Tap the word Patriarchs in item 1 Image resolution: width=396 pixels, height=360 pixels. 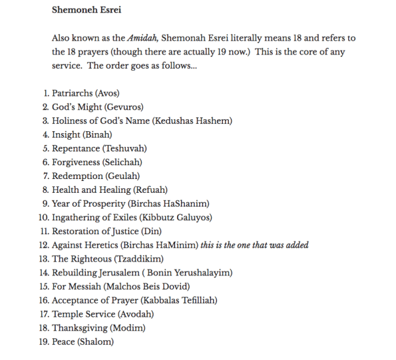[x=72, y=93]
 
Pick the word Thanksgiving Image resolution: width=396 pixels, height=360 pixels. [x=79, y=328]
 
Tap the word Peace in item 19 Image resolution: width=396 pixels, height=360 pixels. [x=64, y=342]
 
